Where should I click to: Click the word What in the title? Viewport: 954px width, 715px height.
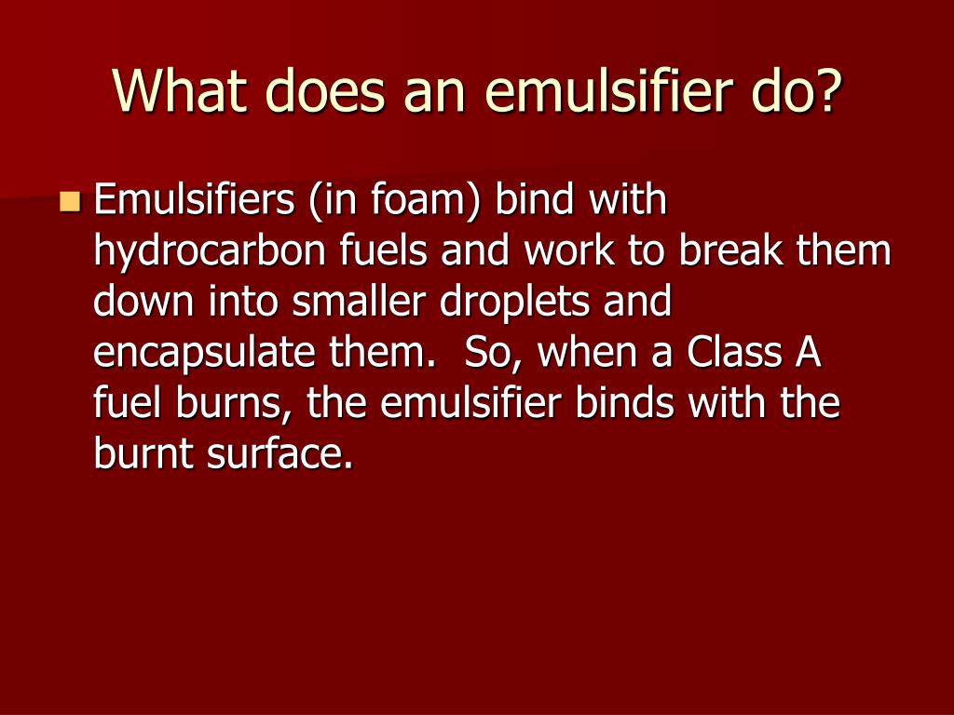point(173,91)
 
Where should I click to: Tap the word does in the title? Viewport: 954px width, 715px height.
point(319,91)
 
